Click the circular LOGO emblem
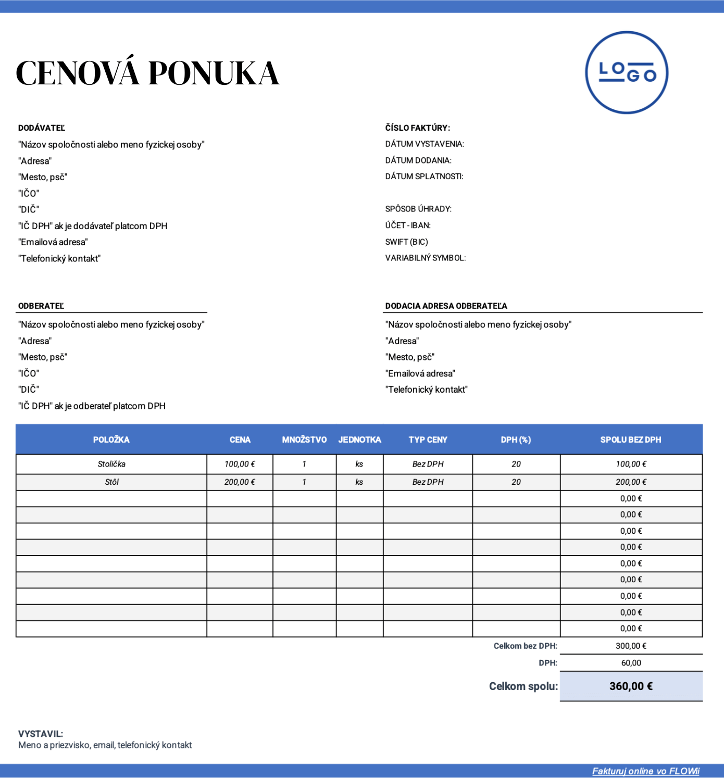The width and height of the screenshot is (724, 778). point(627,72)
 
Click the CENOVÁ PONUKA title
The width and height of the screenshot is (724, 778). point(148,73)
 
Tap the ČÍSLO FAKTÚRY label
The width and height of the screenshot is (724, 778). point(417,128)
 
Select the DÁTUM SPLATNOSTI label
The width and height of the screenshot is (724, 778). point(424,177)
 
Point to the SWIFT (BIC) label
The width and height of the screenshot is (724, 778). point(406,242)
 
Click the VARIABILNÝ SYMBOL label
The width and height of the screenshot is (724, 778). point(425,258)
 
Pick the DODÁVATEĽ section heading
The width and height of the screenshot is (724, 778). point(42,128)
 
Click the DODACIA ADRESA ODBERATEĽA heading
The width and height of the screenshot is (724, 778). point(446,306)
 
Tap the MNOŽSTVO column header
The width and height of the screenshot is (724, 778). point(304,440)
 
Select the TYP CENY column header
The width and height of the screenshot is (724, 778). point(428,440)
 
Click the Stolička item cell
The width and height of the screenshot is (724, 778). point(111,464)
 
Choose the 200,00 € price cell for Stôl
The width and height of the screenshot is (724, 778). point(240,482)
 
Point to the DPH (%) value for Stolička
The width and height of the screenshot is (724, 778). point(516,464)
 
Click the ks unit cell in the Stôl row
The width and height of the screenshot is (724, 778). point(359,482)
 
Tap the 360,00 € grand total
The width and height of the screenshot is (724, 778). point(631,686)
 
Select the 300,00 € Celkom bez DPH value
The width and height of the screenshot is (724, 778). point(631,646)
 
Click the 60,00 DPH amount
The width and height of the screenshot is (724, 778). point(631,663)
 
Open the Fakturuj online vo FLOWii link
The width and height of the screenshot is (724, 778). point(645,771)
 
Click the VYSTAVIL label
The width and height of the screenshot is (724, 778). point(41,734)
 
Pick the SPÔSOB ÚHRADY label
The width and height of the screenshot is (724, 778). point(418,209)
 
